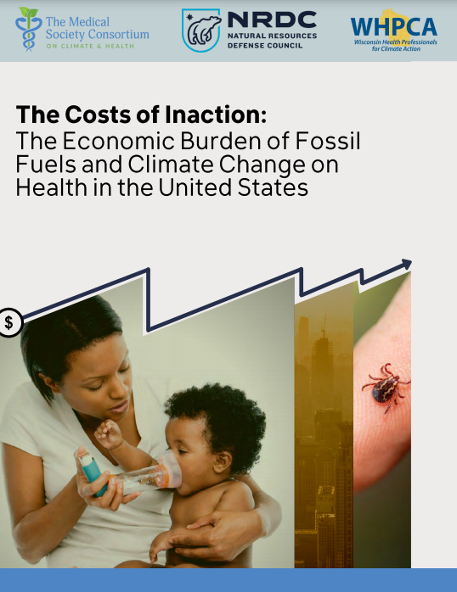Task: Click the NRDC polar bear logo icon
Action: point(202,31)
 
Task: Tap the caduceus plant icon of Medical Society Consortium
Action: point(28,30)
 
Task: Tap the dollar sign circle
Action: point(9,322)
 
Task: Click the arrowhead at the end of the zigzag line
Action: point(406,265)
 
